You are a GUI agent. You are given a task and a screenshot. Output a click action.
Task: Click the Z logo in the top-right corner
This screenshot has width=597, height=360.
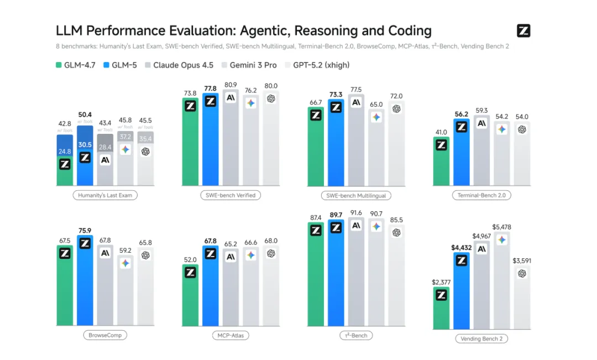click(523, 31)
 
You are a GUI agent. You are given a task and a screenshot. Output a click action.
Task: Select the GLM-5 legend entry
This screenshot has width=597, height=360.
click(121, 65)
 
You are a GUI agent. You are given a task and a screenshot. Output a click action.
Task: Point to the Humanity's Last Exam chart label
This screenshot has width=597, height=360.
click(105, 195)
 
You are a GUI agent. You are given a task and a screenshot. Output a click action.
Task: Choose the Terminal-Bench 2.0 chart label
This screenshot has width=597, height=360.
click(481, 195)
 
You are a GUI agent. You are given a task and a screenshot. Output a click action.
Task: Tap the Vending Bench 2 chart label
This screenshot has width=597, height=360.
click(481, 338)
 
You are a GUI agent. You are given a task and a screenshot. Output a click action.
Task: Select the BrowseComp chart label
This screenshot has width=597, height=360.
click(105, 335)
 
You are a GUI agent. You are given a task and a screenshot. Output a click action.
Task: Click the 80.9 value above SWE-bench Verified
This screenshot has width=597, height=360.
click(231, 85)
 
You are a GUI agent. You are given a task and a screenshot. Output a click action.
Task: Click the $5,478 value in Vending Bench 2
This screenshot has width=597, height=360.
click(501, 227)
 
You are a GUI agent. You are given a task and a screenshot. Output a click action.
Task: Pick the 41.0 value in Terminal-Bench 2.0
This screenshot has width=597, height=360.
click(441, 133)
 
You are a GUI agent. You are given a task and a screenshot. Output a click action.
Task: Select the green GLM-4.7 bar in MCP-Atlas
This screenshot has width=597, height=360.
click(190, 296)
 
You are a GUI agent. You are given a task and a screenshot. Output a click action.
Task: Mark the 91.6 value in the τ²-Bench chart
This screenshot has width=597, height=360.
click(356, 213)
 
